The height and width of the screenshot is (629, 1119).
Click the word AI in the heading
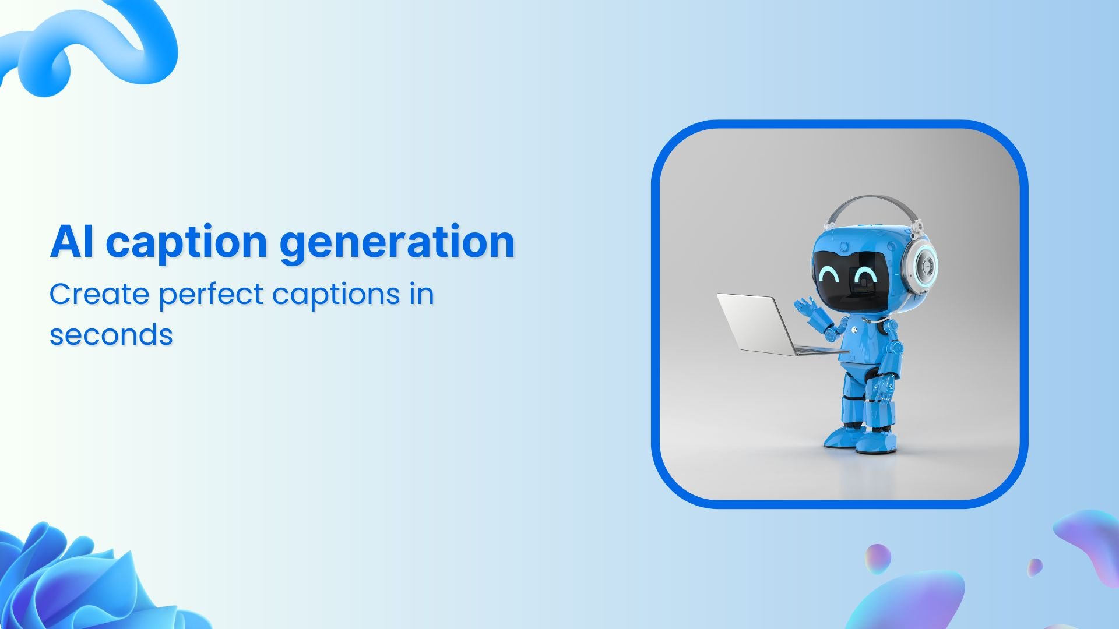[71, 242]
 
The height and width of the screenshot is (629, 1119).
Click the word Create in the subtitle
[100, 294]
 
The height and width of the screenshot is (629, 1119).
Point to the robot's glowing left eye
[829, 274]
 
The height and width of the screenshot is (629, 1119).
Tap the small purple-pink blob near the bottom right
[877, 558]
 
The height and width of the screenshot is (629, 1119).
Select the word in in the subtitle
[421, 294]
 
